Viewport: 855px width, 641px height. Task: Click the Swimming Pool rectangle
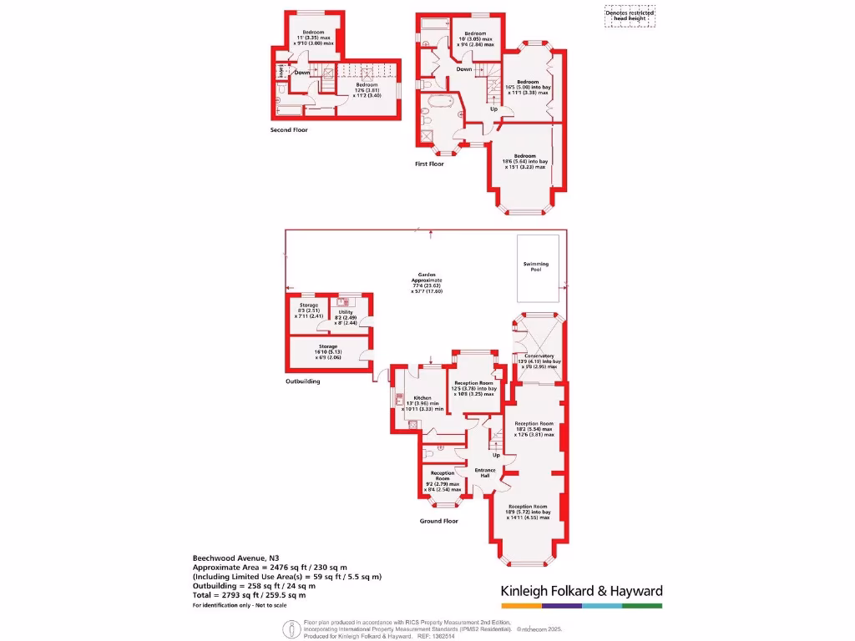[x=537, y=268]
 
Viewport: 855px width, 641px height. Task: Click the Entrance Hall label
[x=485, y=473]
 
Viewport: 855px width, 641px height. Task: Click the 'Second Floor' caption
[x=289, y=130]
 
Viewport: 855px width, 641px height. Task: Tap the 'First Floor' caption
[x=429, y=164]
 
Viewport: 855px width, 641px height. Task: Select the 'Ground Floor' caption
[x=439, y=521]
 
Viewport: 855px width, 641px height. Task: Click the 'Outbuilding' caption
[x=302, y=381]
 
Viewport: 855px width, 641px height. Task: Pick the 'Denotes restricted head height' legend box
[x=630, y=15]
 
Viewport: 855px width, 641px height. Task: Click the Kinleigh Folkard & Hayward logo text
[x=581, y=591]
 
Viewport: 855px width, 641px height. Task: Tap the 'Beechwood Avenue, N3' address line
[x=230, y=558]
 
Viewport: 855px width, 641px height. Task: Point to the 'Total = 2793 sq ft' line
[x=249, y=595]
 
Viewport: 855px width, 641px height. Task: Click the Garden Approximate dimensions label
[x=427, y=282]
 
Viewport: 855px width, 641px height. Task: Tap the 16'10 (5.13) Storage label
[x=327, y=351]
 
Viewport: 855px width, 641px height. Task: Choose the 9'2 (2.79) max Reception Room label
[x=443, y=481]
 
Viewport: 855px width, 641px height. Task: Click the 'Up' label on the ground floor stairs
[x=495, y=455]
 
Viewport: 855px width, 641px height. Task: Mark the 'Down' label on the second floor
[x=302, y=73]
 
